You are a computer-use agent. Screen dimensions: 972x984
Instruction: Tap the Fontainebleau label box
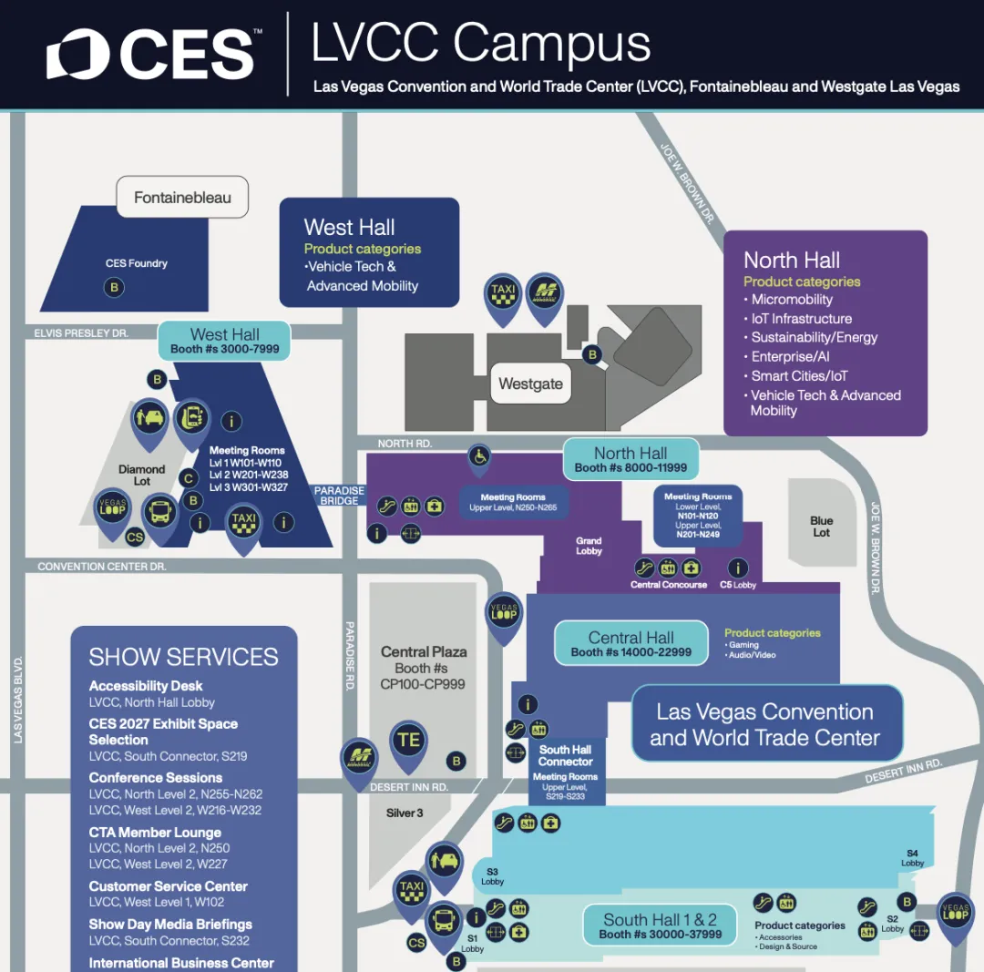click(182, 197)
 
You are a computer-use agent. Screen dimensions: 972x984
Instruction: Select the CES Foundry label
click(137, 263)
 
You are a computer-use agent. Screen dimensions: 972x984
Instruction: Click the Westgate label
click(530, 384)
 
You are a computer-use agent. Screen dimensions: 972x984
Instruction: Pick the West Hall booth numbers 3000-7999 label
click(225, 341)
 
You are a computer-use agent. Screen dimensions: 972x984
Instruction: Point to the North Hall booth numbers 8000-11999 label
click(630, 459)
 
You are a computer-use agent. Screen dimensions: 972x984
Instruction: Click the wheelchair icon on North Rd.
click(479, 455)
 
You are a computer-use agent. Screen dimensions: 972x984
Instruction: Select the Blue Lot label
click(822, 527)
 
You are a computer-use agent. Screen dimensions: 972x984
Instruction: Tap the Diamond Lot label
click(142, 475)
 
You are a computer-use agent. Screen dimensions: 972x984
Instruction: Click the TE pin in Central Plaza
click(409, 741)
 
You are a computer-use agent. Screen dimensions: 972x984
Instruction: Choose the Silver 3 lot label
click(405, 813)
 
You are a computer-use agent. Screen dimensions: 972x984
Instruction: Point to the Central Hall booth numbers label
click(631, 643)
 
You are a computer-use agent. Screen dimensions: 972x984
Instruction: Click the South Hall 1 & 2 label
click(660, 926)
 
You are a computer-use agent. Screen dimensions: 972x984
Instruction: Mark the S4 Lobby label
click(913, 857)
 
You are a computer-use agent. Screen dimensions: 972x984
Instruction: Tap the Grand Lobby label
click(589, 546)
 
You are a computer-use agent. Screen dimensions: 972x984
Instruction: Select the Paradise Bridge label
click(340, 496)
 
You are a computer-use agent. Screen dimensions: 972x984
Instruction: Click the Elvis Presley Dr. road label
click(81, 333)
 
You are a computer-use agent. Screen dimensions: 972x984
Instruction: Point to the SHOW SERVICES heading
click(183, 657)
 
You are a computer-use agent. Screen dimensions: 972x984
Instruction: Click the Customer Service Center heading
click(169, 886)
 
